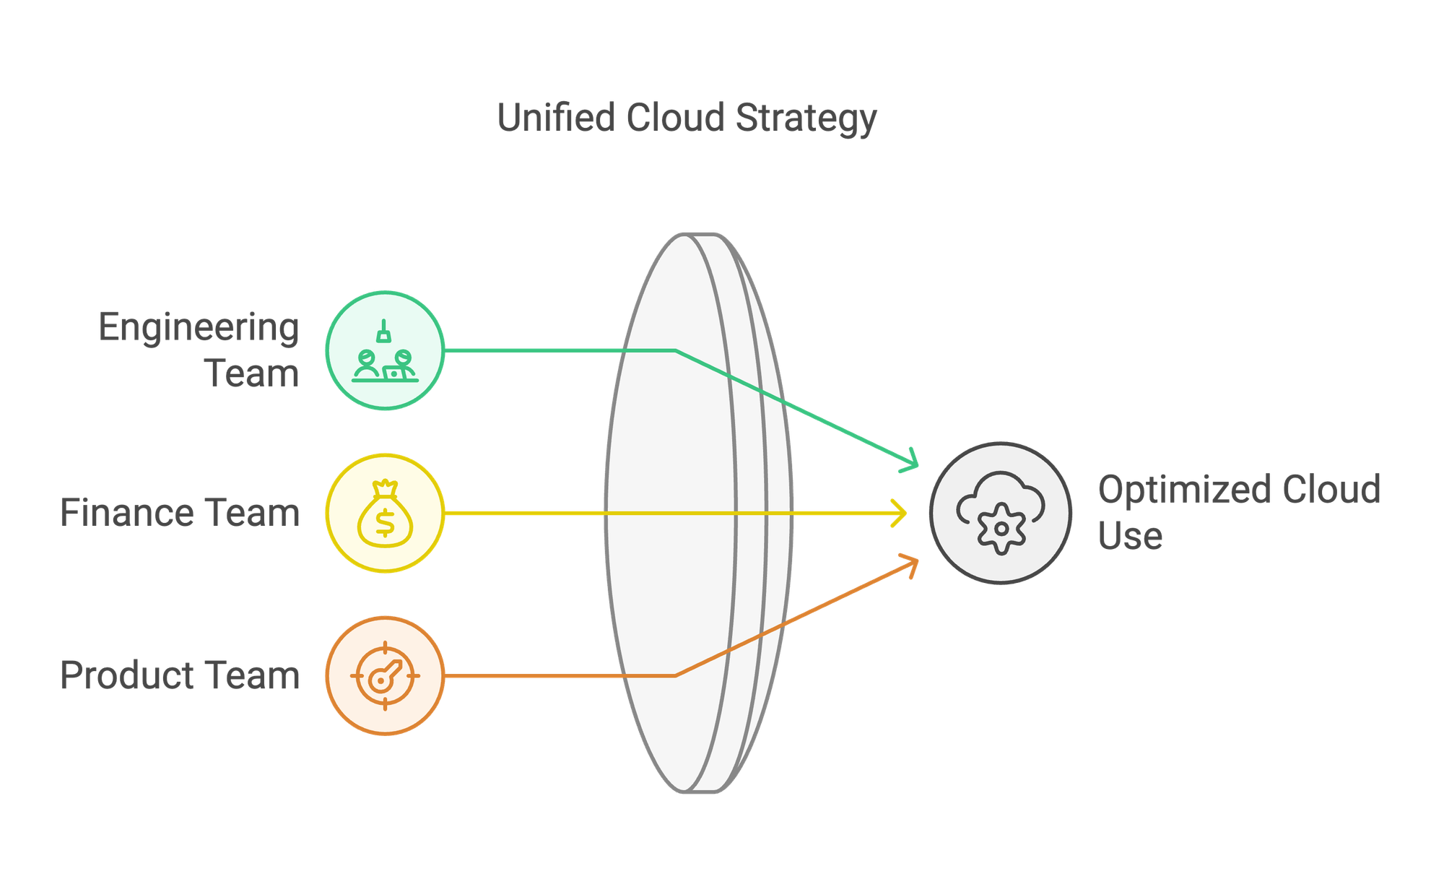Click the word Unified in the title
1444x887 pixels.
[556, 117]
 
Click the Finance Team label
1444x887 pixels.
[180, 513]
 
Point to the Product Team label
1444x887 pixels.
[180, 675]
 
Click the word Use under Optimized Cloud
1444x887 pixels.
[1130, 536]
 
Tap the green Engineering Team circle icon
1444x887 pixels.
[385, 350]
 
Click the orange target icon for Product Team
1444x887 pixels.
[385, 675]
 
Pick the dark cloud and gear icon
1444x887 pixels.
[1001, 513]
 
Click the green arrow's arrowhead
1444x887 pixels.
[911, 462]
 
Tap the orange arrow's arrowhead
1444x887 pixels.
[911, 563]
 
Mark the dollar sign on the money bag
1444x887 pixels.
[385, 522]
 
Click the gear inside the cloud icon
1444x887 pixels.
[1001, 529]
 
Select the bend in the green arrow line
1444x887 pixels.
[675, 350]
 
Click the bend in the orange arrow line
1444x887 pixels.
[675, 675]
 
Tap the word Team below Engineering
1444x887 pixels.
[252, 373]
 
